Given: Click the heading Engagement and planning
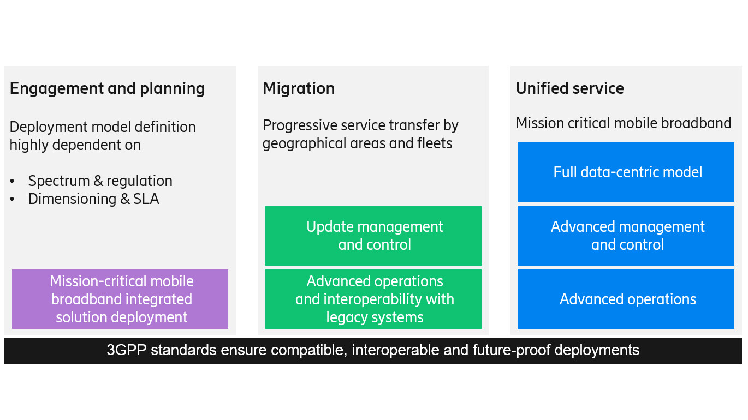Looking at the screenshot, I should [x=107, y=88].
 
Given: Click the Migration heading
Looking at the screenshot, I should [x=298, y=88].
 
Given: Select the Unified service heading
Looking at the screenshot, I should [x=569, y=88].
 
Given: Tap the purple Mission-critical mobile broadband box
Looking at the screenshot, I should [x=120, y=299].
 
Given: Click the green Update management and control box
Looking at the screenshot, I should [x=373, y=236].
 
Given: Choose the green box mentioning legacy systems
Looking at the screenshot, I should [x=373, y=299].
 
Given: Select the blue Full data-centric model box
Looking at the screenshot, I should [x=626, y=172].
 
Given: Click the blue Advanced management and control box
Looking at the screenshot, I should [x=626, y=236].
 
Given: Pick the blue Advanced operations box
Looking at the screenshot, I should [x=626, y=299].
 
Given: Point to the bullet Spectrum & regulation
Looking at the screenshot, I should [x=100, y=181].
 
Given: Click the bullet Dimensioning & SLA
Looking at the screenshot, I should [x=93, y=199].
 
